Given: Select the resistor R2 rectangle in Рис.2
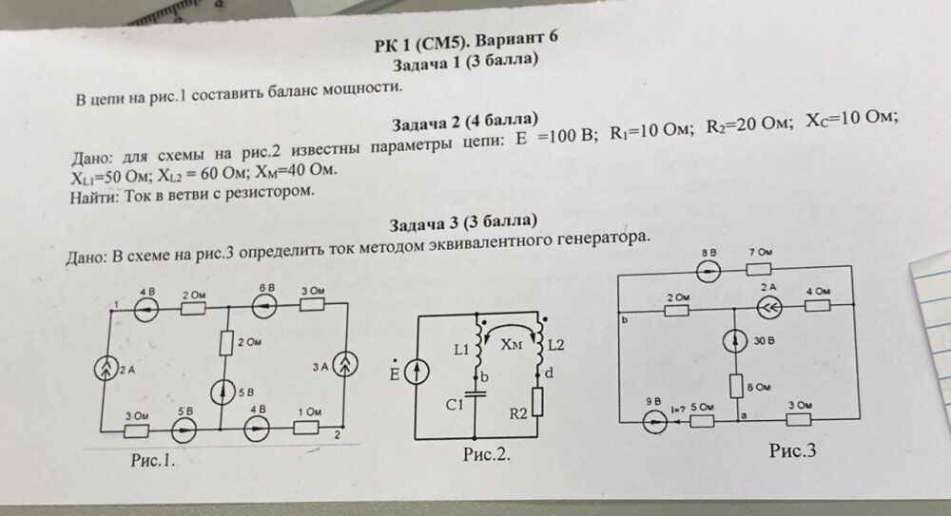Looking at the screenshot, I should pyautogui.click(x=538, y=401).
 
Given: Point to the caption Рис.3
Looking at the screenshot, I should pyautogui.click(x=793, y=450).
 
